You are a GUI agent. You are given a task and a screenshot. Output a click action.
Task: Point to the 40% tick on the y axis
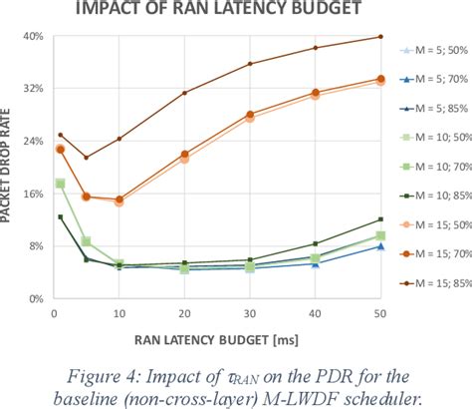tap(33, 38)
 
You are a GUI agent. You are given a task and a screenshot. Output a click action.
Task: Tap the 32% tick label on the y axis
tap(33, 90)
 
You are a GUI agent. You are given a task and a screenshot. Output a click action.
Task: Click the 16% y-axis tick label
tap(33, 195)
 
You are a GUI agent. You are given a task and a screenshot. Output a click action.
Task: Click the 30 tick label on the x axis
tap(249, 312)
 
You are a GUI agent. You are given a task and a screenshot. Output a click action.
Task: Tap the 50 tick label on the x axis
tap(379, 312)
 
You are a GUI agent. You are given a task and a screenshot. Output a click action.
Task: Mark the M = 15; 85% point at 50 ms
tap(379, 37)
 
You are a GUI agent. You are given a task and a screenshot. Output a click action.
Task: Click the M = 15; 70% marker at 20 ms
tap(184, 155)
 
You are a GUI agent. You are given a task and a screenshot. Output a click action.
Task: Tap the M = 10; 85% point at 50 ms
tap(379, 219)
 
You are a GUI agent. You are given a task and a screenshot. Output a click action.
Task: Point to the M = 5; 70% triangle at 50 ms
tap(379, 245)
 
